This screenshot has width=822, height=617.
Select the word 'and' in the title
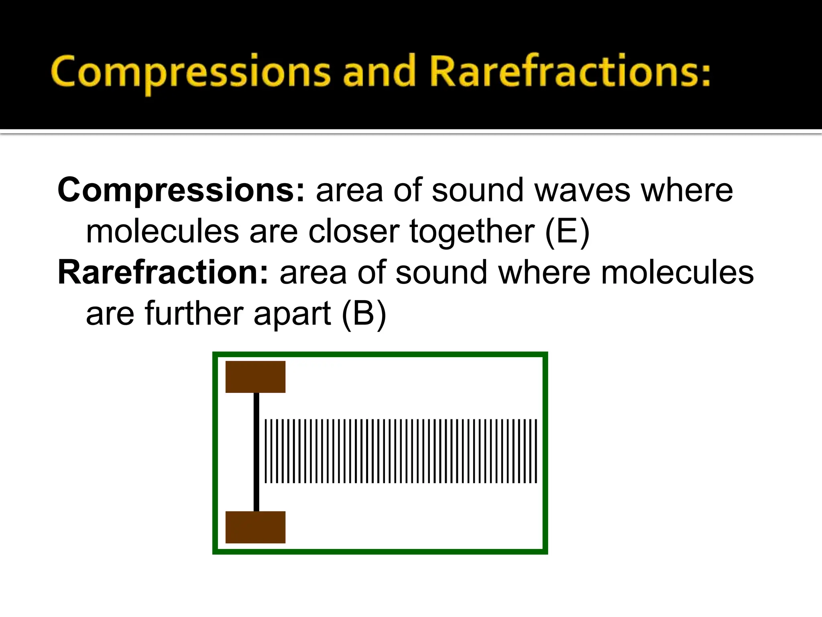[379, 72]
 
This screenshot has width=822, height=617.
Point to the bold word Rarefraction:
[163, 272]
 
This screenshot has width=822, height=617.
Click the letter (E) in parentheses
[567, 232]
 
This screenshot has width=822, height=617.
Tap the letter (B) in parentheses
[364, 314]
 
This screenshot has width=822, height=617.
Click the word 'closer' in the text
[354, 232]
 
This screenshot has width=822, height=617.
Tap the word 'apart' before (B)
[292, 315]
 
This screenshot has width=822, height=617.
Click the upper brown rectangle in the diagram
[255, 377]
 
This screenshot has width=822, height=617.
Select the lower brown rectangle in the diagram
[255, 527]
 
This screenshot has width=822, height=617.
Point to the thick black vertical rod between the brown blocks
[256, 452]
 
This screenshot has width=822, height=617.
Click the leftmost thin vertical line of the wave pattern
[266, 451]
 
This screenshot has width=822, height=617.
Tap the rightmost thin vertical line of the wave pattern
[536, 451]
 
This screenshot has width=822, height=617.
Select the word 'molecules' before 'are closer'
[163, 232]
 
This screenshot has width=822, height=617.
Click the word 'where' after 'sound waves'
[687, 190]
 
